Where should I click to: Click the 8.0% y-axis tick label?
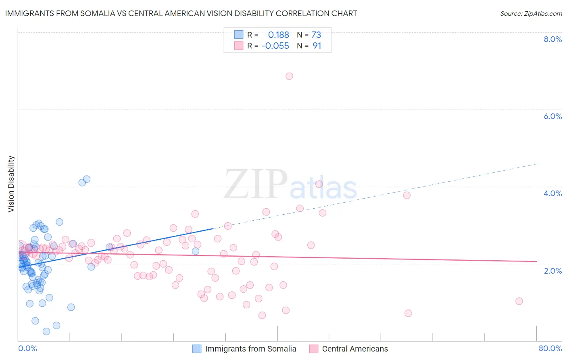point(552,39)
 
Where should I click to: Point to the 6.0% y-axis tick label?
point(552,116)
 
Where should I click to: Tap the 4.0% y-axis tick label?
point(552,193)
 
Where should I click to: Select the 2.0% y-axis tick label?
point(552,271)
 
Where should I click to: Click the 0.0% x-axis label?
point(27,348)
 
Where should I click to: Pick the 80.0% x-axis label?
point(550,348)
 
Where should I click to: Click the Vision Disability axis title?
point(11,184)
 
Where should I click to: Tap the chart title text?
point(181,13)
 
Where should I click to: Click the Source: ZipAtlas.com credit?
point(531,13)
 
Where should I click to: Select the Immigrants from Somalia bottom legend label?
point(250,349)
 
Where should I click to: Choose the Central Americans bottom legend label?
point(355,349)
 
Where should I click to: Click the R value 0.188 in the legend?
point(278,35)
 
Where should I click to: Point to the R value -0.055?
point(275,46)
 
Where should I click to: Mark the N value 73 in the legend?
point(316,35)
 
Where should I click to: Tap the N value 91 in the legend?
point(317,46)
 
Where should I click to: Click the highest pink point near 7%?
point(289,76)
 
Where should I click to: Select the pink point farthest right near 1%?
point(519,301)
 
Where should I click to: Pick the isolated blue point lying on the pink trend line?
point(196,251)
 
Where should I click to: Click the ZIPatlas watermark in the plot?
point(290,184)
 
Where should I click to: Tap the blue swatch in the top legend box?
point(239,35)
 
